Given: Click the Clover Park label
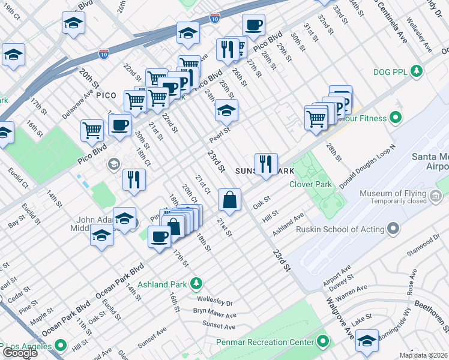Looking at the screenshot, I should (x=310, y=185).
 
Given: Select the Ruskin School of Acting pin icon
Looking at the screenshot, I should (x=393, y=229).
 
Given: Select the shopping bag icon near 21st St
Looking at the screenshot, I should (x=229, y=200).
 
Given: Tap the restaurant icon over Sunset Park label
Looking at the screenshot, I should (x=265, y=164).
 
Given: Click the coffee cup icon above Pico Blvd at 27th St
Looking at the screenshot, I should (x=253, y=25).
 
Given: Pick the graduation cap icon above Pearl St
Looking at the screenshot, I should (x=226, y=110).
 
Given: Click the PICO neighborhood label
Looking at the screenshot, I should (x=106, y=95).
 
